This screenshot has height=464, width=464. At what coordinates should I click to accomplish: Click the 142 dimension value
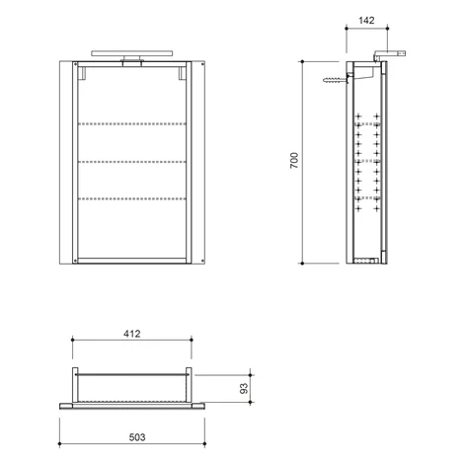pyautogui.click(x=366, y=21)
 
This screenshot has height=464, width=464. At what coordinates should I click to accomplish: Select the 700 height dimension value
pyautogui.click(x=294, y=160)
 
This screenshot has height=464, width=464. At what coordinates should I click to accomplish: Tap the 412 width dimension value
pyautogui.click(x=132, y=334)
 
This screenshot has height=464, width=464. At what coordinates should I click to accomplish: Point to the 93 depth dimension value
pyautogui.click(x=244, y=388)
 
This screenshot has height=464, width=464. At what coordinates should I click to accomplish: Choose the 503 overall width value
pyautogui.click(x=137, y=437)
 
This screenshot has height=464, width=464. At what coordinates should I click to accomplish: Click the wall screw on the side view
pyautogui.click(x=336, y=80)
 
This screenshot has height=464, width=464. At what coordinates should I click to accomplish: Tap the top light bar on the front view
pyautogui.click(x=132, y=53)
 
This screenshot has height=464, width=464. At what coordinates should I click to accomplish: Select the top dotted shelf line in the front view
pyautogui.click(x=132, y=124)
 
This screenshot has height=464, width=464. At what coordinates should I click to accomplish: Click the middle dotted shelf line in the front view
pyautogui.click(x=132, y=162)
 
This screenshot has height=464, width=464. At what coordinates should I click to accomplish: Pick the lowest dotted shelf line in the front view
pyautogui.click(x=132, y=198)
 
